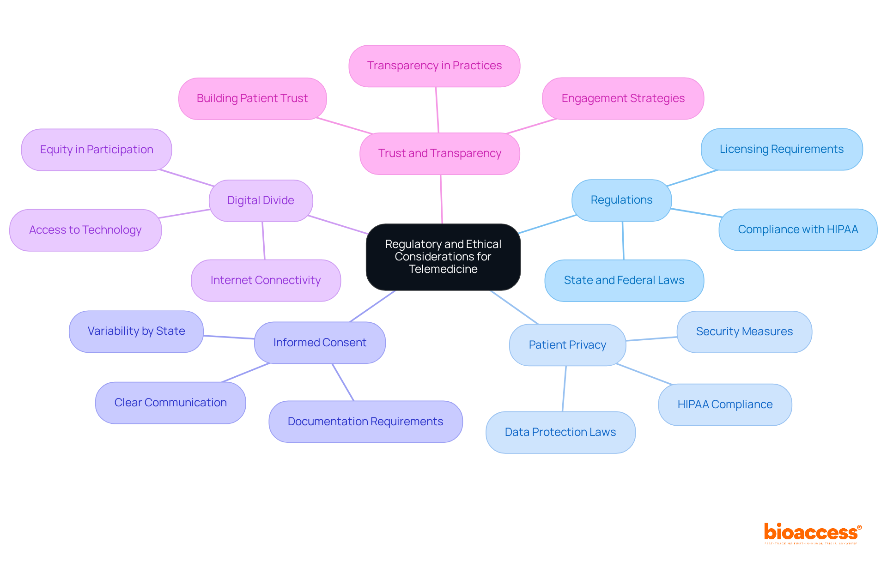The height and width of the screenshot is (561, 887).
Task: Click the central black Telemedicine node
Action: point(443,257)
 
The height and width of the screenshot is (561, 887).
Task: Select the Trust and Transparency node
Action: point(439,153)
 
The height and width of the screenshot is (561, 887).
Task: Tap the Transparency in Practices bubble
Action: point(434,66)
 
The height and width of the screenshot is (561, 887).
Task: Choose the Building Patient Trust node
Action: point(252,98)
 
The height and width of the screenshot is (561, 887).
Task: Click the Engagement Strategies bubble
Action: point(623,98)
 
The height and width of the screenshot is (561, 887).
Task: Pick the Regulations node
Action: point(621,200)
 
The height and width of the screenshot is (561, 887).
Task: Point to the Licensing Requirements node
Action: point(781,149)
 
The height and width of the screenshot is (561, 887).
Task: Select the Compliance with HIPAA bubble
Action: point(798,229)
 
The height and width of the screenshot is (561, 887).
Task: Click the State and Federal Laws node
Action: point(624,280)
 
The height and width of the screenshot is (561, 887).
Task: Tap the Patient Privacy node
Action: point(567,345)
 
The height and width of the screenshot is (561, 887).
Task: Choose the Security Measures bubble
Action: point(744,332)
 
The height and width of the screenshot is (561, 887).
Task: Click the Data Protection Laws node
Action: point(560,432)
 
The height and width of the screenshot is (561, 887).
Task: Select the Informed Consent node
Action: point(320,343)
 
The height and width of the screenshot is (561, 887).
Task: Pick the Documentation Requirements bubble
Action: point(365,422)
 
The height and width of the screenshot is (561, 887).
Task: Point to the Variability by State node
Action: point(136,331)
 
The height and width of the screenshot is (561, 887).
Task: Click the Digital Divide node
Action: point(261,200)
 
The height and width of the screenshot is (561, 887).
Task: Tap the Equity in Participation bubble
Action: point(97,150)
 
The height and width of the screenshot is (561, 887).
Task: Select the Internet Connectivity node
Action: point(266,280)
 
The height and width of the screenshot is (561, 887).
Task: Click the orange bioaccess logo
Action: point(812,533)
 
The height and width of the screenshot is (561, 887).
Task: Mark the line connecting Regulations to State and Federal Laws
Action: point(623,240)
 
